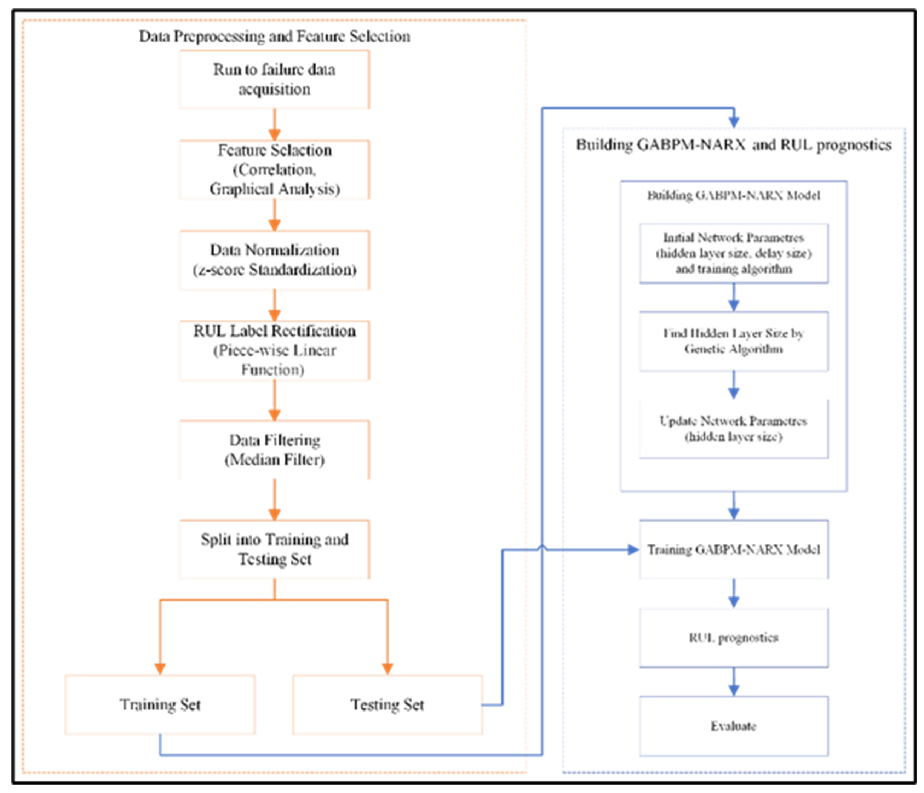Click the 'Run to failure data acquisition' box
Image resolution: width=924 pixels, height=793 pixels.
274,79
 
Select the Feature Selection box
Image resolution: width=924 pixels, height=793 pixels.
274,170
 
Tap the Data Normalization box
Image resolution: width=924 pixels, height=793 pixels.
274,260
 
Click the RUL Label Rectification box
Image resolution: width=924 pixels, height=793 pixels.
274,350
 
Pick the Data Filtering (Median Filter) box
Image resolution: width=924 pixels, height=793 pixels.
274,450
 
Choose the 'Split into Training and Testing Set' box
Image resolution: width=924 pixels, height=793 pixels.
274,549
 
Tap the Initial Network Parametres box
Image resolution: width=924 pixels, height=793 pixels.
734,253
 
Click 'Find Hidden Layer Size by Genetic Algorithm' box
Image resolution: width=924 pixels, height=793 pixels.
734,341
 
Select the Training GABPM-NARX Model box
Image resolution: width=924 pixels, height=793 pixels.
734,549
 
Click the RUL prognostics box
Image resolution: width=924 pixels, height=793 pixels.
734,638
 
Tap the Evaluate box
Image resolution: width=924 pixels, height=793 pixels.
734,726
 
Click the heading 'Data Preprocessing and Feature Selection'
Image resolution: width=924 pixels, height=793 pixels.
274,36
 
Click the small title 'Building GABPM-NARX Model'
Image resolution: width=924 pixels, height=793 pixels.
734,195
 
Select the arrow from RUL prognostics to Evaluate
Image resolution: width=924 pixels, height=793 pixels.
734,681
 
